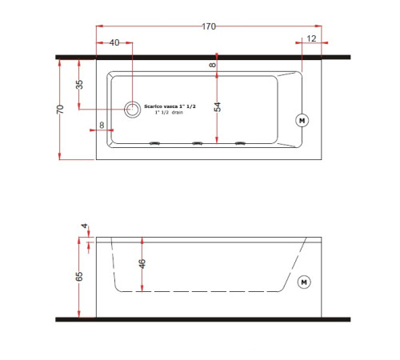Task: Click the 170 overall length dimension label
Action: pyautogui.click(x=208, y=27)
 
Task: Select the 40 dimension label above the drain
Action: pyautogui.click(x=114, y=42)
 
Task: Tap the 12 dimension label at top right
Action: pyautogui.click(x=311, y=39)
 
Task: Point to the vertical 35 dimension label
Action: pyautogui.click(x=79, y=86)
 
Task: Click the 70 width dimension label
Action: pyautogui.click(x=60, y=110)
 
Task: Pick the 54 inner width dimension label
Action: pyautogui.click(x=218, y=103)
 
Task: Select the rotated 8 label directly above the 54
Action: pyautogui.click(x=213, y=65)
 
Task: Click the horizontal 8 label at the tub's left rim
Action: pyautogui.click(x=102, y=126)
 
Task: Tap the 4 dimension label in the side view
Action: pyautogui.click(x=83, y=226)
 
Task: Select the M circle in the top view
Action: pyautogui.click(x=302, y=121)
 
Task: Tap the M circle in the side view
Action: pyautogui.click(x=303, y=282)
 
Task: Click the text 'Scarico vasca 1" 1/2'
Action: pyautogui.click(x=170, y=106)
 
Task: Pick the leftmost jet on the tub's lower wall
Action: pyautogui.click(x=154, y=144)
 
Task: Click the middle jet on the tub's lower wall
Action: pyautogui.click(x=196, y=144)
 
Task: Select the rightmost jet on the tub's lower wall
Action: pyautogui.click(x=239, y=144)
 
